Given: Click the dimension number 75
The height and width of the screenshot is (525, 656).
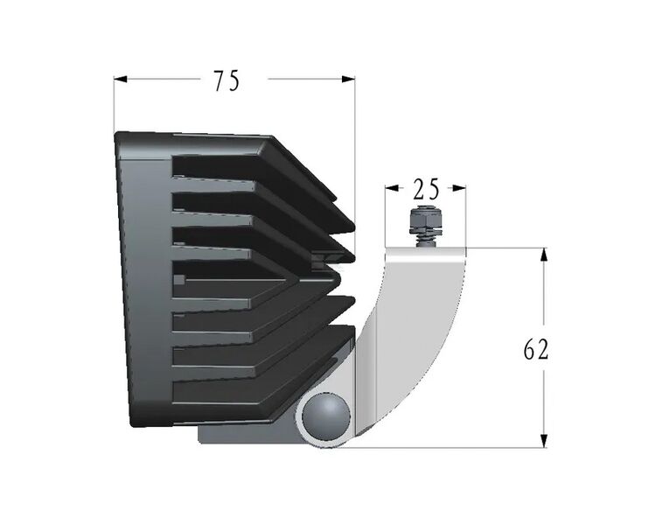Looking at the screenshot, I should (x=226, y=80).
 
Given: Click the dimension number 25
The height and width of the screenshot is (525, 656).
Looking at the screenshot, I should (x=426, y=188).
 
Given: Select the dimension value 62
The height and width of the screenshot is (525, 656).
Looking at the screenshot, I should (x=535, y=350).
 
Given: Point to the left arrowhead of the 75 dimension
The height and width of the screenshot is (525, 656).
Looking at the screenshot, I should (x=121, y=80).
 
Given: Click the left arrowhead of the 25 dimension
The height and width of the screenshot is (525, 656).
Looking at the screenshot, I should (x=391, y=187).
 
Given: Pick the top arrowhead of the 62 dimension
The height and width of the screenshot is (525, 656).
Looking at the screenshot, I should (x=544, y=255).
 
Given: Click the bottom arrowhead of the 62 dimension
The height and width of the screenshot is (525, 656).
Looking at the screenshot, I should (x=544, y=441).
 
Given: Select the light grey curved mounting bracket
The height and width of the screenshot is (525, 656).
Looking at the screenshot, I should (x=411, y=332).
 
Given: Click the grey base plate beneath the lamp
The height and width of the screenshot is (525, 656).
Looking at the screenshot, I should (x=245, y=434).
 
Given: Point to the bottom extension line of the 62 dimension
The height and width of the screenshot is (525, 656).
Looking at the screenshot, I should (x=455, y=448).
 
